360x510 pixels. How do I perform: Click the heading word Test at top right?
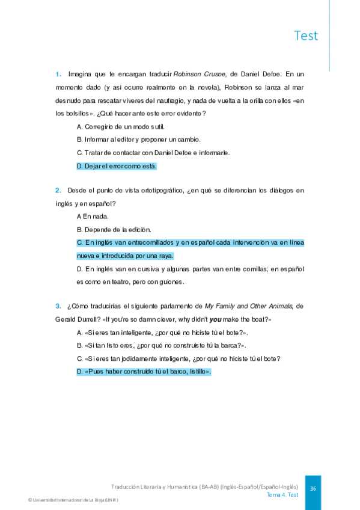point(306,35)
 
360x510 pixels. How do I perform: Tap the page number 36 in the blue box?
point(313,489)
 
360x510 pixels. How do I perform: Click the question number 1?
point(58,75)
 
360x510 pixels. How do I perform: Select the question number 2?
point(58,191)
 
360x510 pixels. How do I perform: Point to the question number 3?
point(58,306)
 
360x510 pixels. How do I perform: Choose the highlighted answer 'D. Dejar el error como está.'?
point(117,166)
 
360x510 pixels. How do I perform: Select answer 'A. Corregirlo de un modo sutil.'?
point(120,126)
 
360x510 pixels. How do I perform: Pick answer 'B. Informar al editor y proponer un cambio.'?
point(139,140)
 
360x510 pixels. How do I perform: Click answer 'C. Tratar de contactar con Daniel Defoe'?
point(153,153)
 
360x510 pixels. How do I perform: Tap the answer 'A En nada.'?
point(93,216)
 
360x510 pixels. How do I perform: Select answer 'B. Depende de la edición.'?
point(114,229)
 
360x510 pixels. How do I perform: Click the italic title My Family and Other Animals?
point(249,306)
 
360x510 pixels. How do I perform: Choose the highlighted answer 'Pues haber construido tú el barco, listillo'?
point(144,372)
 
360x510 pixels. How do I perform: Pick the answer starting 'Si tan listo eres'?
point(161,345)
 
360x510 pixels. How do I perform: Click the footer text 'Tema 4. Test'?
point(282,495)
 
